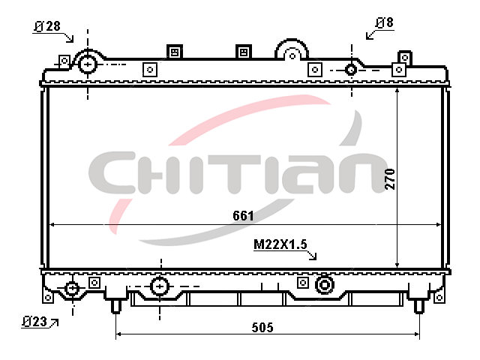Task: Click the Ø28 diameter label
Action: coord(47,26)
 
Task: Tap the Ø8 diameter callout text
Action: coord(385,22)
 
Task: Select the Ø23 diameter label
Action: coord(34,322)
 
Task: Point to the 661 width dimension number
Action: coord(243,216)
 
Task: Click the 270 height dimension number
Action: coord(390,179)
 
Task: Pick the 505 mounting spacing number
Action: coord(262,328)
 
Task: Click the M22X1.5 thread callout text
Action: coord(280,244)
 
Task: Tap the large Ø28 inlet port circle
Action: coord(88,64)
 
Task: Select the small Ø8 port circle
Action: coord(351,70)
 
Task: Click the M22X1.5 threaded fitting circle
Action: coord(324,285)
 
